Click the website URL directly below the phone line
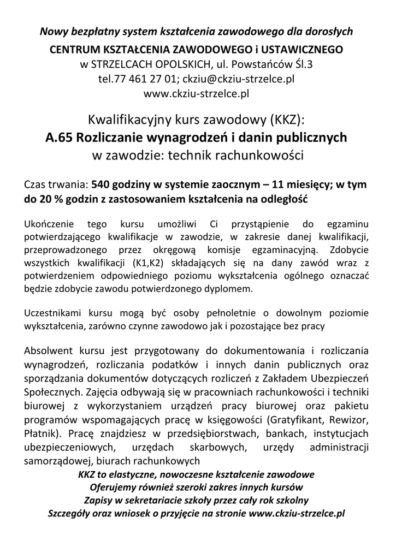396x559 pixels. (x=196, y=93)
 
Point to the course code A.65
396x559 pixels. (x=60, y=137)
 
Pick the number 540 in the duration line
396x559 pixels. (x=101, y=185)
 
